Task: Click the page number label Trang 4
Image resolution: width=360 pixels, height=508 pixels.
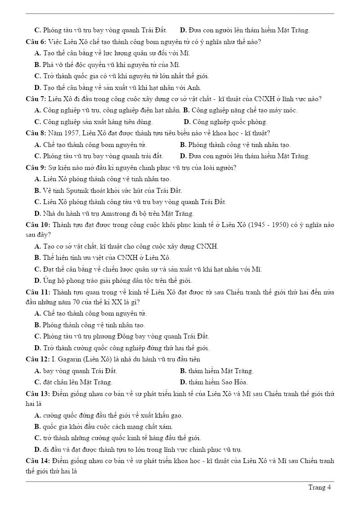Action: coord(319,487)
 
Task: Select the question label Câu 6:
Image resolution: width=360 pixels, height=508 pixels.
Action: coord(36,42)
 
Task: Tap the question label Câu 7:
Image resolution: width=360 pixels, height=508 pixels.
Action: coord(36,99)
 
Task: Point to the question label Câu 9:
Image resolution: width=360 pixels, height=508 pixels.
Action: coord(36,168)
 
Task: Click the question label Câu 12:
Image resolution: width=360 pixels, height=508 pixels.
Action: coord(38,359)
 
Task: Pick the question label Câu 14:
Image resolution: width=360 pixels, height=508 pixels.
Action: coord(38,461)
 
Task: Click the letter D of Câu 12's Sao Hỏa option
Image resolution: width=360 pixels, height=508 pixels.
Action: coord(183,383)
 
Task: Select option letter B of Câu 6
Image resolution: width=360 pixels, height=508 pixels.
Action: coord(37,65)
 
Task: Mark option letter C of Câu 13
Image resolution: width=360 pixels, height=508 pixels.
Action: coord(37,438)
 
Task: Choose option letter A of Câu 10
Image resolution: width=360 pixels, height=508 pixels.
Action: coord(37,246)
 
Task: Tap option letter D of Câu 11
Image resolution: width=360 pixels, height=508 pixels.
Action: coord(37,348)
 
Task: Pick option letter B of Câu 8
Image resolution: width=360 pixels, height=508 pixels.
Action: coord(183,145)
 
